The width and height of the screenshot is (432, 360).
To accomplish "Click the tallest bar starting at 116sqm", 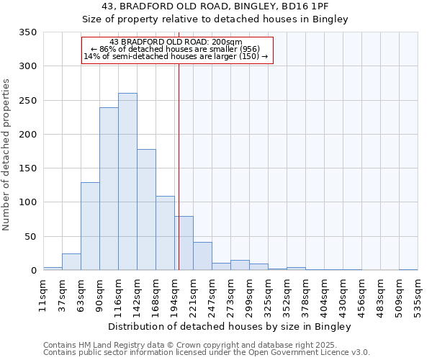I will click(127, 181).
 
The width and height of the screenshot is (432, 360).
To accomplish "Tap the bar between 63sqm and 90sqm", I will click(90, 226).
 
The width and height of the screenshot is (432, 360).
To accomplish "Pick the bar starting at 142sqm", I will click(146, 210).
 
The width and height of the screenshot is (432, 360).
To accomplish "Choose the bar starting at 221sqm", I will click(202, 256).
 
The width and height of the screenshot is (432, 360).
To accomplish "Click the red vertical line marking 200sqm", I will click(179, 166).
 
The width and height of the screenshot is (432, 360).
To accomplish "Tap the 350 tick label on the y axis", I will click(28, 32).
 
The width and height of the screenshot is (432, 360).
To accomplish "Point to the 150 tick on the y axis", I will click(28, 168).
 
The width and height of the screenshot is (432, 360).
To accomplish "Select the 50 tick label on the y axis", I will click(31, 237).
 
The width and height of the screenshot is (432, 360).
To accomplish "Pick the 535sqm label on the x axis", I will click(418, 295).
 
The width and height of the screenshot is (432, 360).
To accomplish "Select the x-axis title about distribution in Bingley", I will click(230, 327).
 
